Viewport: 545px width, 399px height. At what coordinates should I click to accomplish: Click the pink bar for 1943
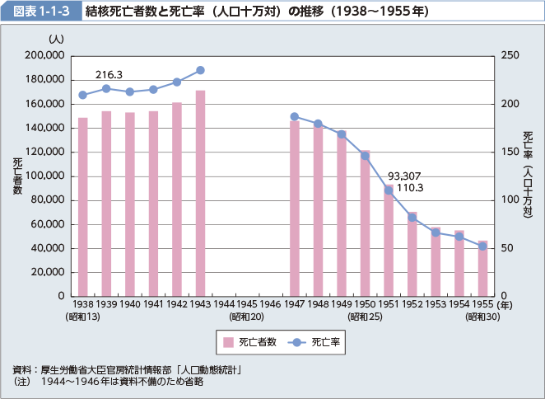pos(200,193)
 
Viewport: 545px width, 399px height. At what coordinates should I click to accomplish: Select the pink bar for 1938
pos(82,206)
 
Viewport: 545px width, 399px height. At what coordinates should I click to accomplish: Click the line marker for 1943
pos(200,70)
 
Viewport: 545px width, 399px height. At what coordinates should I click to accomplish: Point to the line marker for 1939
pos(106,88)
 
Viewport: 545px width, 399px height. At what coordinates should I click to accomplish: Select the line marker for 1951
pos(389,190)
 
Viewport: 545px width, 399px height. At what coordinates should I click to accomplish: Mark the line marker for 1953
pos(436,232)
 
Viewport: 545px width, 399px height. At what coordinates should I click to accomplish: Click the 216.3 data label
pos(109,74)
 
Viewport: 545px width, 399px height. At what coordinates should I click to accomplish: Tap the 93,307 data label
pos(404,176)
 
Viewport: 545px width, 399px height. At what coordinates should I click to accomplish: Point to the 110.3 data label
pos(410,188)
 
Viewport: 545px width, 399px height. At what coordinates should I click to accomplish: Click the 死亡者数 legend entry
pos(248,342)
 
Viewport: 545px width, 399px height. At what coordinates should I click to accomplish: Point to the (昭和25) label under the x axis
pos(364,317)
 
